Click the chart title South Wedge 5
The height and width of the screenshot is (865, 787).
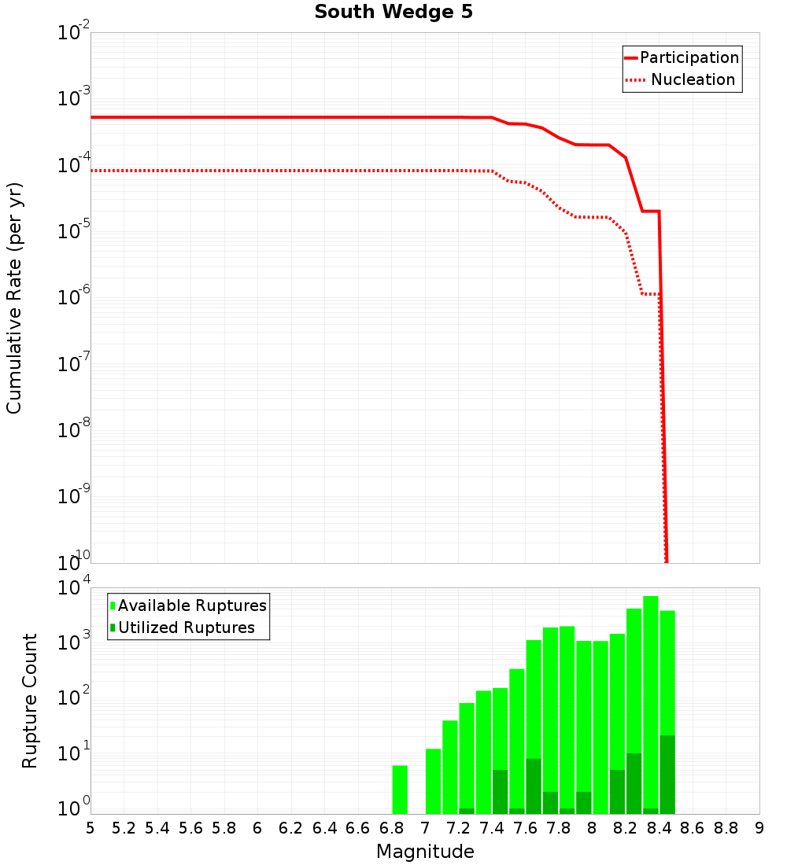click(393, 13)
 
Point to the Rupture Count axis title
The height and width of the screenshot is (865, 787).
click(30, 700)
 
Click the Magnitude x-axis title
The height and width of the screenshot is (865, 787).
click(425, 852)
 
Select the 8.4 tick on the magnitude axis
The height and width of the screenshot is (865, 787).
click(659, 828)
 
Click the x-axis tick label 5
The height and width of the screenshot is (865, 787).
click(91, 828)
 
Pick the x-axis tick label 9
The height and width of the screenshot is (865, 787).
click(759, 828)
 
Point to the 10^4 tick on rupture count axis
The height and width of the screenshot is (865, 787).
click(76, 587)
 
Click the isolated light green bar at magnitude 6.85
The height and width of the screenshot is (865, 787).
click(400, 790)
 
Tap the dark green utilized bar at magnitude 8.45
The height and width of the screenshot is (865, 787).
click(667, 775)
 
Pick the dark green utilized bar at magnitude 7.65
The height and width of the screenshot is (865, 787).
click(534, 786)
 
